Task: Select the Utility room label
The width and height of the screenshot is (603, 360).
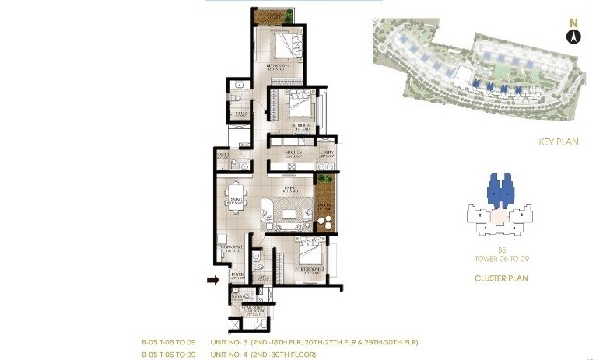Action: tap(327, 152)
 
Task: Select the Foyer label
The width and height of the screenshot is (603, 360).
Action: tap(237, 274)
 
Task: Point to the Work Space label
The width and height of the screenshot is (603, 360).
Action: tap(235, 250)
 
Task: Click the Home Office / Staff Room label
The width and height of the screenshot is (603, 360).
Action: tap(251, 312)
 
